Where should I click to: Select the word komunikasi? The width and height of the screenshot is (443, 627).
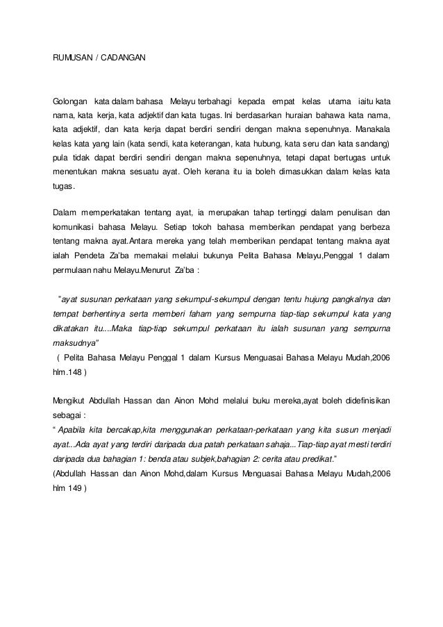coord(77,227)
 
